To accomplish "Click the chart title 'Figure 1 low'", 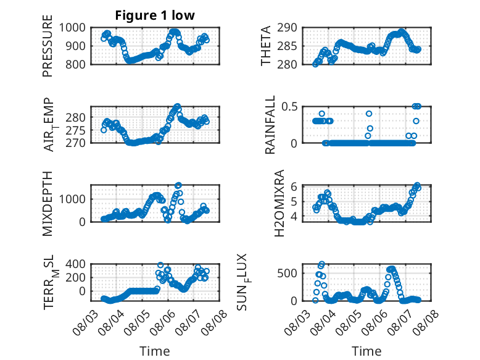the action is click(x=155, y=15).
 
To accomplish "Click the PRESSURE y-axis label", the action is click(x=48, y=46).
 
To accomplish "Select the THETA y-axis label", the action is click(x=266, y=46).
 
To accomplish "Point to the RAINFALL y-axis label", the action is click(x=270, y=125).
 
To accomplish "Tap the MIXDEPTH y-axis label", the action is click(x=48, y=203).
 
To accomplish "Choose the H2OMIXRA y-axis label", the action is click(x=279, y=203).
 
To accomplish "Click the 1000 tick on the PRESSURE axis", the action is click(x=72, y=28).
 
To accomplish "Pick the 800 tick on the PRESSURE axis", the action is click(x=76, y=64).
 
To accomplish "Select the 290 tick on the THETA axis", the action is click(x=287, y=28).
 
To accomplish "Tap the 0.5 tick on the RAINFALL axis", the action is click(x=289, y=107).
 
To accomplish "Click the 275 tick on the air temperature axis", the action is click(x=76, y=130).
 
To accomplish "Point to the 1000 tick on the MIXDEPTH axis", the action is click(x=72, y=199).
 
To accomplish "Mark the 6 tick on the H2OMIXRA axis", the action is click(x=294, y=186).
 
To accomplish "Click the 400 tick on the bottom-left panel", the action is click(x=76, y=264).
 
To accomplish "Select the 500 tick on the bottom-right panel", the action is click(x=287, y=273).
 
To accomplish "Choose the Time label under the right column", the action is click(x=366, y=351).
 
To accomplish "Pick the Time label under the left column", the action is click(x=155, y=351).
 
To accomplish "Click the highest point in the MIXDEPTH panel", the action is click(x=178, y=185).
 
